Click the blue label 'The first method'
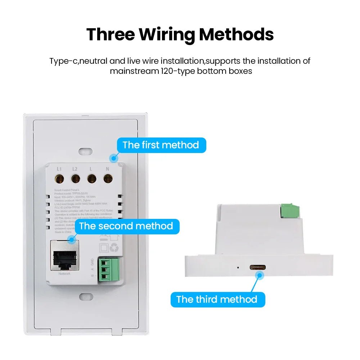coord(161,145)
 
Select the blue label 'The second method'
coord(126,226)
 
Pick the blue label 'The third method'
coord(217,300)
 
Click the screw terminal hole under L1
coord(59,178)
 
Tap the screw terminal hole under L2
coord(75,178)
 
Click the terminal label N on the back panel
coord(107,168)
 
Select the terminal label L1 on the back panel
coord(59,168)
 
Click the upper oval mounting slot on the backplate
coord(86,150)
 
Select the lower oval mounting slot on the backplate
coord(86,296)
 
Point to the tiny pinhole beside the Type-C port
coord(237,267)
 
